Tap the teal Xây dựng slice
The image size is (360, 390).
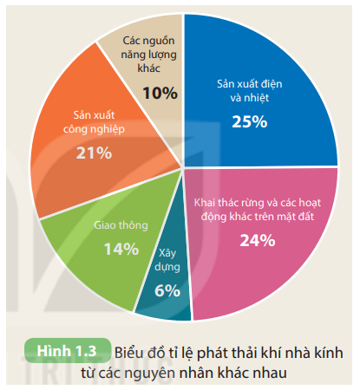click(165, 286)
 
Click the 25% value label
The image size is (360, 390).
click(249, 121)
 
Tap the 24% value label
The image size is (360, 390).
click(257, 241)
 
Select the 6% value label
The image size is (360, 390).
click(167, 291)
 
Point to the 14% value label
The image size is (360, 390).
click(121, 249)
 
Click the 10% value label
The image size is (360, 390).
click(160, 92)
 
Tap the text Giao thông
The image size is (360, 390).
click(121, 224)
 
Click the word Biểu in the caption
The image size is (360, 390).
click(131, 352)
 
